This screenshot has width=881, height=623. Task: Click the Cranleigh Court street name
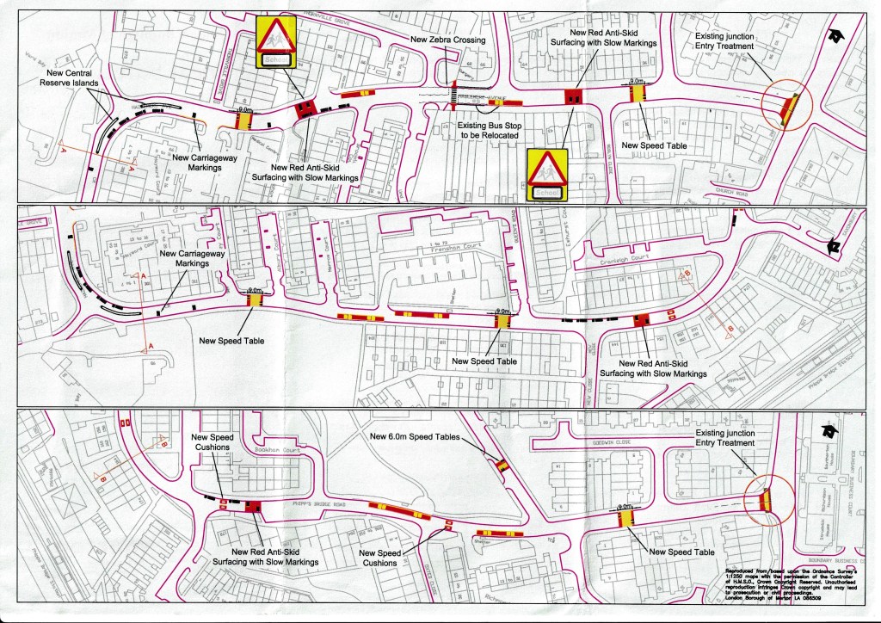point(620,256)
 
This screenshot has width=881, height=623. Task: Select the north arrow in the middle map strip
point(833,246)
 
